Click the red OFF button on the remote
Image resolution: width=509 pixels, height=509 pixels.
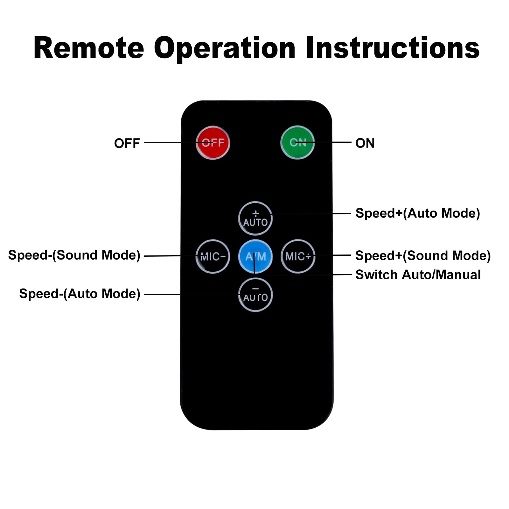coord(213,143)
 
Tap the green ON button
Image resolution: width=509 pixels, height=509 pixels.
coord(297,143)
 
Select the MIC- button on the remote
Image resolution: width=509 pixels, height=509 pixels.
coord(213,256)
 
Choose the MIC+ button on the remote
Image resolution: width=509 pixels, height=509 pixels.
coord(298,256)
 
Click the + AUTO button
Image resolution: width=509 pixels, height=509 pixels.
coord(255,219)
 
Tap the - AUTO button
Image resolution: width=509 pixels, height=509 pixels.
coord(255,295)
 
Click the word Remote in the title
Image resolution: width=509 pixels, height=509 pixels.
coord(89,48)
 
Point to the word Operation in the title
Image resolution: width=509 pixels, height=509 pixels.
coord(225,48)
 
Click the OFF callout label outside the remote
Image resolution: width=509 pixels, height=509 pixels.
coord(127,143)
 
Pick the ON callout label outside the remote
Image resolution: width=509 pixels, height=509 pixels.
coord(365,143)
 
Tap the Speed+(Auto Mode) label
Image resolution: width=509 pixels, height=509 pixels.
coord(417,213)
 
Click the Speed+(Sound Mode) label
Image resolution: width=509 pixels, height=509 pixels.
coord(423,255)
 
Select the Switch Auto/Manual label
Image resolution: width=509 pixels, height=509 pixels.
coord(418,275)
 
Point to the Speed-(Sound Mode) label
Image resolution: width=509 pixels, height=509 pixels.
coord(74,255)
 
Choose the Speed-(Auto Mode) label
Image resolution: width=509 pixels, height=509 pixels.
coord(80,294)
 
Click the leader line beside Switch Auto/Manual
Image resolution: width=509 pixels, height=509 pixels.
coord(342,275)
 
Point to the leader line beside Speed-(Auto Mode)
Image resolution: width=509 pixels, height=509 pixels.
coord(162,295)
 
